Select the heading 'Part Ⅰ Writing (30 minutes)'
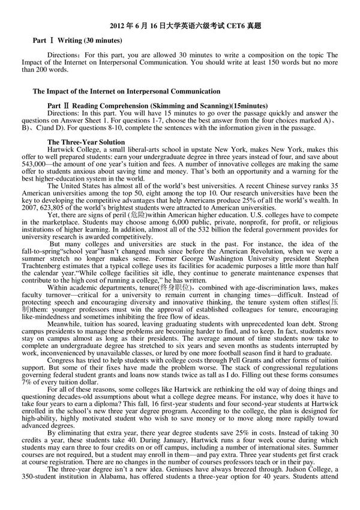(77, 40)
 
